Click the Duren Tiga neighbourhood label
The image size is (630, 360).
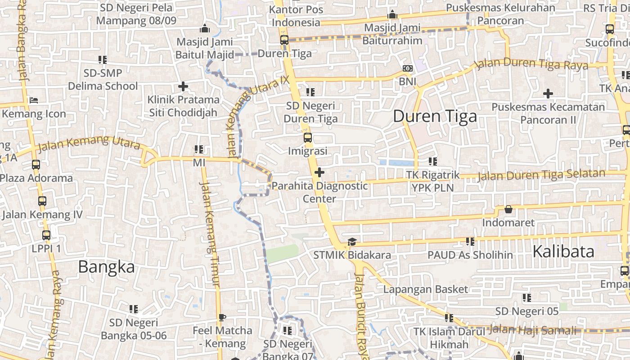435,117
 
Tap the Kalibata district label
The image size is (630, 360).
563,252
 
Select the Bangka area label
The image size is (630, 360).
106,267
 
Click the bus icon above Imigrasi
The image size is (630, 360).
308,138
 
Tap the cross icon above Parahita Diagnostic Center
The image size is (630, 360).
319,172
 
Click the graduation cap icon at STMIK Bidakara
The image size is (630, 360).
352,242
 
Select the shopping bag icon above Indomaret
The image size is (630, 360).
508,209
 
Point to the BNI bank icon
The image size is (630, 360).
408,69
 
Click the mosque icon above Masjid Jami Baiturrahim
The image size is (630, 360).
392,15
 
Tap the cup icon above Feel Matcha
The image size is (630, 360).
222,317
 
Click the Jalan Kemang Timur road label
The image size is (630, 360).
209,234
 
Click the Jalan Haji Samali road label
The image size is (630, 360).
533,329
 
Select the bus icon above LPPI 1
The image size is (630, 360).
46,235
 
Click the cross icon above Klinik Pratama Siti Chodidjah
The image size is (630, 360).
183,86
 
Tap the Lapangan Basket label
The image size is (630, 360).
426,289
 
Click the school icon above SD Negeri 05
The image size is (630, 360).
527,297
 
